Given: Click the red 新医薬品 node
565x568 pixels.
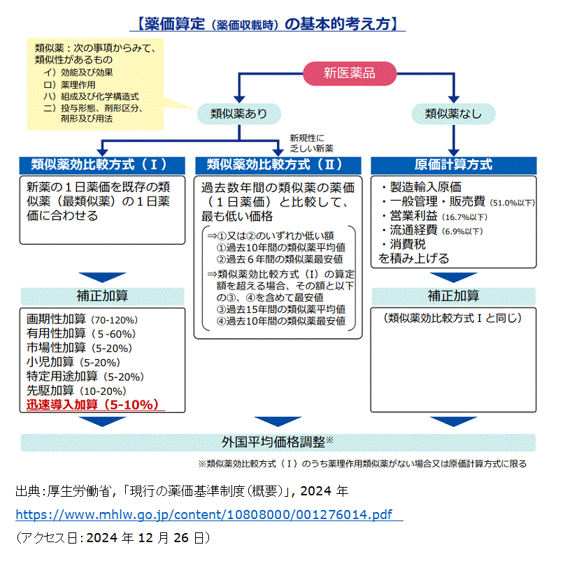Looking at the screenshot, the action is pos(350,73).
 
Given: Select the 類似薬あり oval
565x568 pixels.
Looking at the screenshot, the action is pos(239,114).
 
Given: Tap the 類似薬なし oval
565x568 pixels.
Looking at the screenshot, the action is pos(453,114).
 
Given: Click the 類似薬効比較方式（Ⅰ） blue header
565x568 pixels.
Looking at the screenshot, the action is pos(102,165).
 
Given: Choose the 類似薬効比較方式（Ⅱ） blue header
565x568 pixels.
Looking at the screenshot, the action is pos(278,165).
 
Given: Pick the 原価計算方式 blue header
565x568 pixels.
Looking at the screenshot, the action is pos(454,165).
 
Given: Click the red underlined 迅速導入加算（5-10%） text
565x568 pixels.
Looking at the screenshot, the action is pos(95,405).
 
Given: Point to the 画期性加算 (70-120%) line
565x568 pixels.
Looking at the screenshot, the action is pos(82,319).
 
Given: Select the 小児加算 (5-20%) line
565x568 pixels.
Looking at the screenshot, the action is pos(73,362).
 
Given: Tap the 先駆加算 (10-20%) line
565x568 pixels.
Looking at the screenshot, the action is pos(76,391).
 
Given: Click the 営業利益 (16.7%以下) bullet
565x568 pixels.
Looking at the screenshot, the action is pos(434,217).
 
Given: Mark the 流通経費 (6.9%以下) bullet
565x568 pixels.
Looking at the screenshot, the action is pos(432,231).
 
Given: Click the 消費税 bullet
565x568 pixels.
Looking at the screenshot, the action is pos(403,244).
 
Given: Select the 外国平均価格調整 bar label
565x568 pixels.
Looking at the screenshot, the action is pos(278,442).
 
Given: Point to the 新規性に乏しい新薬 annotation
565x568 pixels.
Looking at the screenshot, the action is pos(311,143).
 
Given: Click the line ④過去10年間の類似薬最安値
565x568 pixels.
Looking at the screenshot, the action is pos(280,321).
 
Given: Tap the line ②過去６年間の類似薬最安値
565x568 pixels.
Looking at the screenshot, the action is pos(280,259).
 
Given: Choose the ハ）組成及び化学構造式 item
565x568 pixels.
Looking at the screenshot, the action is pos(91,96).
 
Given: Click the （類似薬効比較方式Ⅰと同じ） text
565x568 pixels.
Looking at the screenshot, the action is pos(453,318).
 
